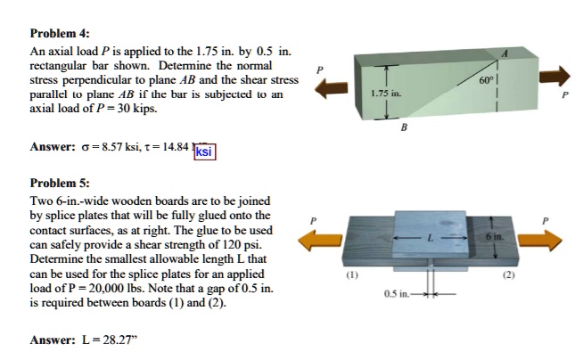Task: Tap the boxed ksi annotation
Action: tap(204, 152)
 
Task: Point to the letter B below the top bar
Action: tap(405, 127)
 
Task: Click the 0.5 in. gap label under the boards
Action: tap(398, 293)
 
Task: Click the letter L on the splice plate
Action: tap(429, 238)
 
